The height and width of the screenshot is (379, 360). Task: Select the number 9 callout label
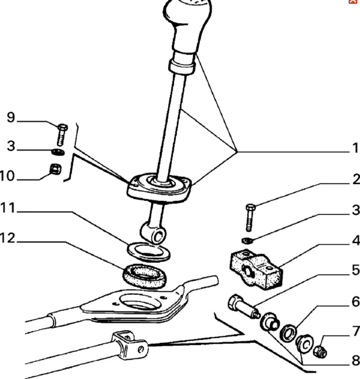point(11,118)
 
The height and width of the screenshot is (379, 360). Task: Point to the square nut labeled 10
point(55,169)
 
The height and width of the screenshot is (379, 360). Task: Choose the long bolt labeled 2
point(250,218)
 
